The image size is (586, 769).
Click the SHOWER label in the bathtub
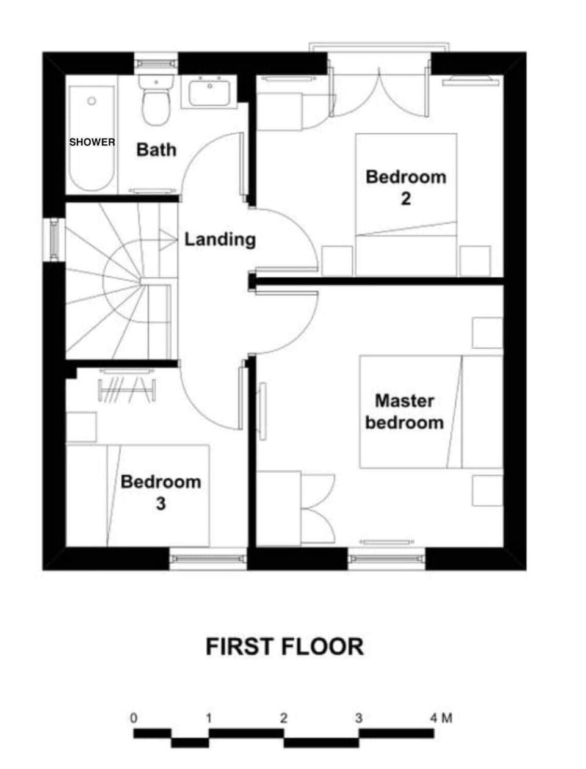point(92,142)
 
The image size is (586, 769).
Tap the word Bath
point(156,150)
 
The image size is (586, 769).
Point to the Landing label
point(220,239)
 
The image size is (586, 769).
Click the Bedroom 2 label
point(406,187)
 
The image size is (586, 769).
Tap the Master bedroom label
point(404,411)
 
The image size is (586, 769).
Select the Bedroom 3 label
point(161,492)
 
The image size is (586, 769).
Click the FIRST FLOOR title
point(284,646)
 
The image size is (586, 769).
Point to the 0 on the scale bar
point(134,717)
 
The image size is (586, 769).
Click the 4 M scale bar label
point(441,717)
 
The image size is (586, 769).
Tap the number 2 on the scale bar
point(284,717)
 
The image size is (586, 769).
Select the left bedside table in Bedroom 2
point(337,261)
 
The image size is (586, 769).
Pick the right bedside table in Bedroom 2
point(475,261)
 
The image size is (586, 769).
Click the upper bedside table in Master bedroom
point(487,333)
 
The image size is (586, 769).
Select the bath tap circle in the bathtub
point(92,101)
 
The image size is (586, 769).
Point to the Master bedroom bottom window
point(386,558)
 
